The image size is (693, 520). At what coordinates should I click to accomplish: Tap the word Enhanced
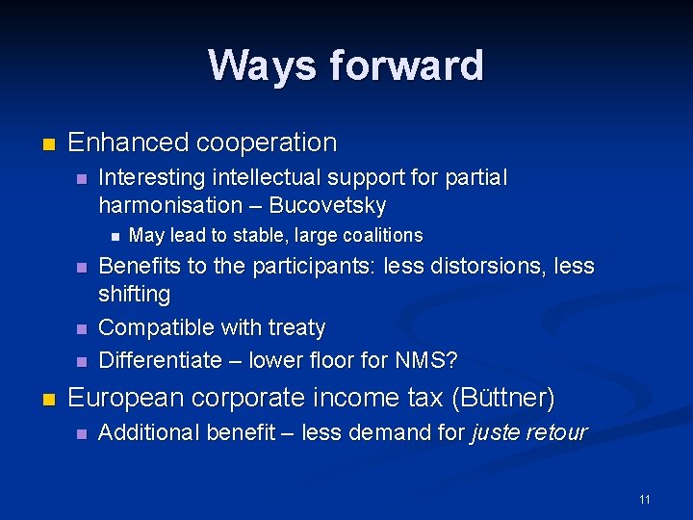128,143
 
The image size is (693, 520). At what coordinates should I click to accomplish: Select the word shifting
134,294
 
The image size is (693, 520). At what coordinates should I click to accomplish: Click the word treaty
295,327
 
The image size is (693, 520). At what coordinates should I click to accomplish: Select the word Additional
146,433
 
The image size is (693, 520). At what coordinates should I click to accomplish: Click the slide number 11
644,499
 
